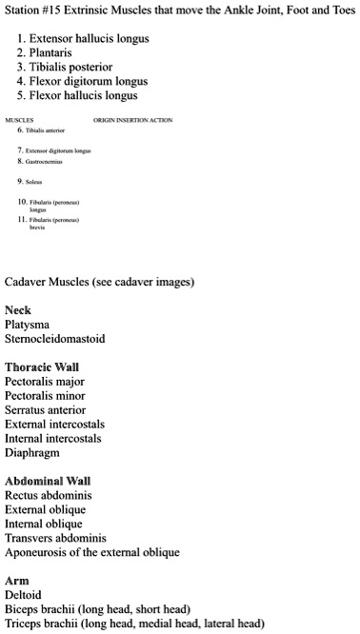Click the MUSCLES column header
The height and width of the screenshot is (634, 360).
(20, 121)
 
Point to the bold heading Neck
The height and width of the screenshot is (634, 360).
(17, 310)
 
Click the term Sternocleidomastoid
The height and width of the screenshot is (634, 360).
(54, 339)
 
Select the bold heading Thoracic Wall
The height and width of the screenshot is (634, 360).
(42, 367)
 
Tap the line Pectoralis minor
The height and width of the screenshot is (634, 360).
(45, 396)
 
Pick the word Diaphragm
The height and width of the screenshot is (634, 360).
(32, 453)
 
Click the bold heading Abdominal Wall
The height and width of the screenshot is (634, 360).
(48, 482)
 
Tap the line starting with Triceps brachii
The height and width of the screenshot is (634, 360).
(133, 624)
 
